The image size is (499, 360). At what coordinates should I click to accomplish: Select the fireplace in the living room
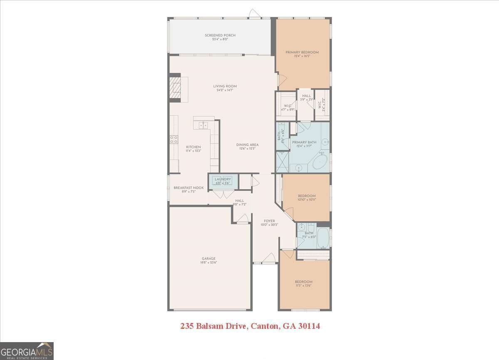click(175, 88)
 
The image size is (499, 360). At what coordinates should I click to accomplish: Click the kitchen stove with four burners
click(173, 139)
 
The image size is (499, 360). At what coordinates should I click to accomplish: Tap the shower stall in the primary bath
click(282, 162)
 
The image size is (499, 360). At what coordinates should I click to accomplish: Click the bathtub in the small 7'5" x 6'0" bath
click(323, 238)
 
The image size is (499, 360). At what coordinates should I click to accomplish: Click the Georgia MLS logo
click(27, 351)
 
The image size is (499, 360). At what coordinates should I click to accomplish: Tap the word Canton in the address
click(263, 326)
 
